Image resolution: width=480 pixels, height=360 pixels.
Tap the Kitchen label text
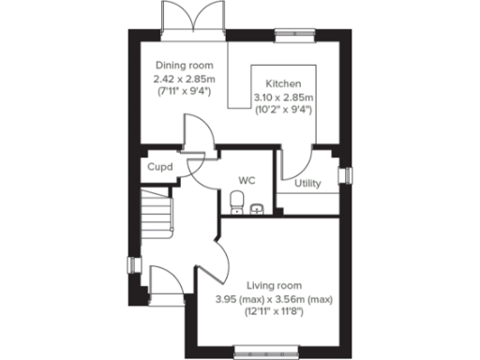click(282, 82)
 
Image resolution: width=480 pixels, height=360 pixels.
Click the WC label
click(247, 179)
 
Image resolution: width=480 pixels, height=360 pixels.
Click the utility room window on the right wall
click(346, 175)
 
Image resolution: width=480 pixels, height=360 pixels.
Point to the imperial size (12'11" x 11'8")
click(275, 310)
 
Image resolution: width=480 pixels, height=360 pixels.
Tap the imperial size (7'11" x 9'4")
click(187, 92)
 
